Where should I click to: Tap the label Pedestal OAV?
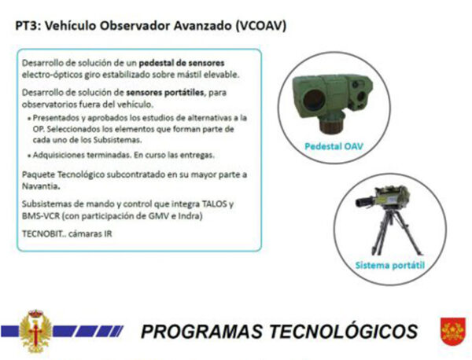tap(334, 146)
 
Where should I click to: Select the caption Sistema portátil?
tap(390, 265)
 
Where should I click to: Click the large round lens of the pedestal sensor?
tap(313, 99)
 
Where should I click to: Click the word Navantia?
tap(40, 186)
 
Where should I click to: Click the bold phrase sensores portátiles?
tap(164, 92)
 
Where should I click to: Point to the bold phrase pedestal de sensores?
tap(182, 63)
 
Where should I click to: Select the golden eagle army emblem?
tap(36, 331)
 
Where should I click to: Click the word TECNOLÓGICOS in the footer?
tap(343, 332)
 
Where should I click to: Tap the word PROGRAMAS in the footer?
tap(201, 332)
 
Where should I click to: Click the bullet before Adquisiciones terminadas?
tap(29, 156)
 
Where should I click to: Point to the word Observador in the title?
tap(134, 26)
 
